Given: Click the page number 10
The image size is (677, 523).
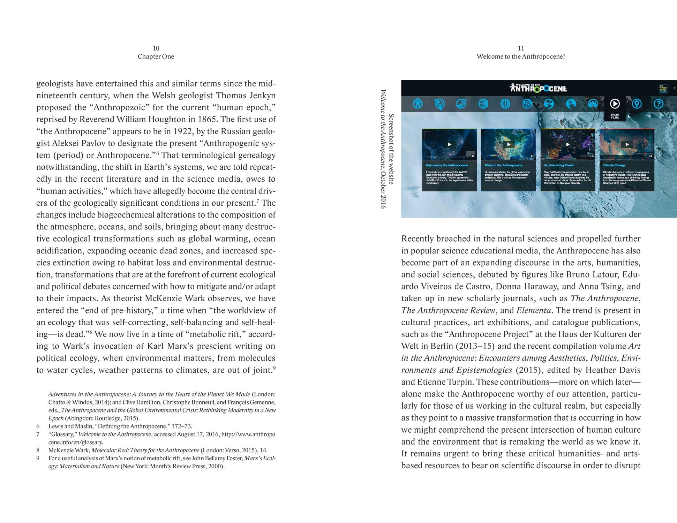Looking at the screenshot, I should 156,48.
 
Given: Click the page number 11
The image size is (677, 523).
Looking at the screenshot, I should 521,48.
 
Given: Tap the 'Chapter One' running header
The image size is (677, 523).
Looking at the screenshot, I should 156,56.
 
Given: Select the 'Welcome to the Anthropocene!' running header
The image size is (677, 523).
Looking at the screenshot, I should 521,56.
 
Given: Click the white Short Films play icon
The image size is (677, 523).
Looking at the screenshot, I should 615,104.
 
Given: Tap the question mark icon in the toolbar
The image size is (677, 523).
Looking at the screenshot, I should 658,104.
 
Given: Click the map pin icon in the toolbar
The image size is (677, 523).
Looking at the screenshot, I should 637,104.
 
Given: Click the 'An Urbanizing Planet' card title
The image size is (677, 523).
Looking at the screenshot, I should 558,165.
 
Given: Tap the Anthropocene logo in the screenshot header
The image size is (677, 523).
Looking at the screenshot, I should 538,88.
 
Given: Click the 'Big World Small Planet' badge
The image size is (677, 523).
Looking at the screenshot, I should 663,89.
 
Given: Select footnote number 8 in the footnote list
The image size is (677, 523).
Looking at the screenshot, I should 38,450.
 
